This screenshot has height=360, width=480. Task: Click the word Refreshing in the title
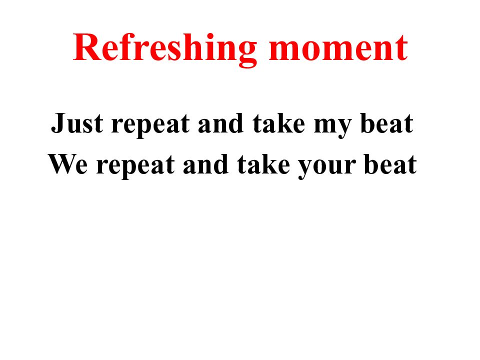165,48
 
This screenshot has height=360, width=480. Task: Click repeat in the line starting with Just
150,125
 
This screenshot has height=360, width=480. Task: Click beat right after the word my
386,123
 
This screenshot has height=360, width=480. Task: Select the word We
68,164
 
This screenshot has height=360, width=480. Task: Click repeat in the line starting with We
134,166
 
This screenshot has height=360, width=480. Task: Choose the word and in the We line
203,164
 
